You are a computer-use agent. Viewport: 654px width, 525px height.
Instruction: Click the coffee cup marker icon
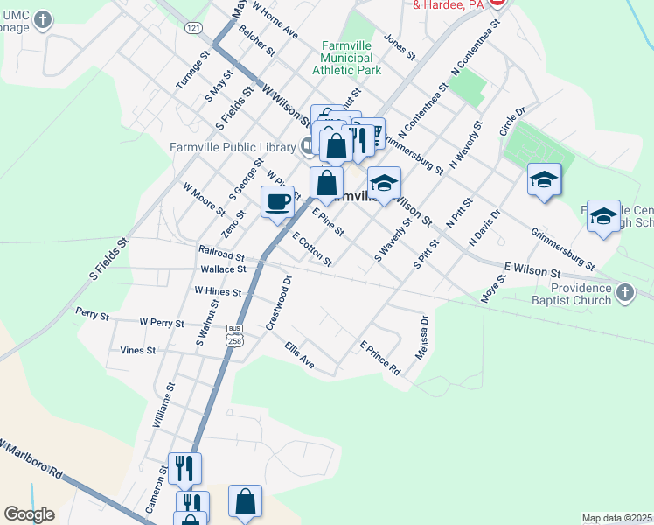(x=277, y=201)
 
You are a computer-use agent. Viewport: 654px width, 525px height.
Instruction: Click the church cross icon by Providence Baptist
(x=624, y=294)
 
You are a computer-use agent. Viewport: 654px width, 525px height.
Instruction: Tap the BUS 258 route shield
(x=233, y=335)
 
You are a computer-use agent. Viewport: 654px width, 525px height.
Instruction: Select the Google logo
(x=29, y=514)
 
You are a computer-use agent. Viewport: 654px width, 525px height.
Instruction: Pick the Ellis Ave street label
(x=299, y=354)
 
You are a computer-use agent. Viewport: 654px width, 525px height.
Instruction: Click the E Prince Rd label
(x=379, y=358)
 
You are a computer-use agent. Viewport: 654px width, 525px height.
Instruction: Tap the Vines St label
(x=138, y=350)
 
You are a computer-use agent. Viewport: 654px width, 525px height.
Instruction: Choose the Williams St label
(x=163, y=405)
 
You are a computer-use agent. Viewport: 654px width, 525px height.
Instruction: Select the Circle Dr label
(x=512, y=122)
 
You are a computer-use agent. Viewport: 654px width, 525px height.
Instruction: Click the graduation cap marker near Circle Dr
(x=544, y=180)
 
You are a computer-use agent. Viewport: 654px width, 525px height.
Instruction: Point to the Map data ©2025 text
(x=617, y=518)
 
